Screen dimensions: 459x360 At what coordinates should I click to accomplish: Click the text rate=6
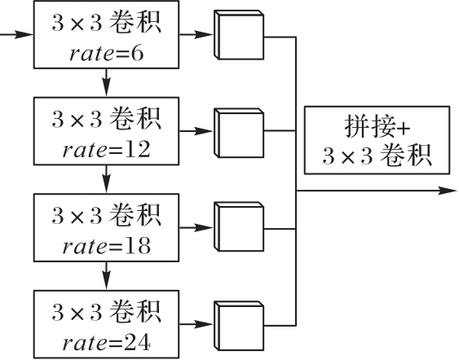pos(107,54)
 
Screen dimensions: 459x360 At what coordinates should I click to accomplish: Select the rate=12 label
pos(107,149)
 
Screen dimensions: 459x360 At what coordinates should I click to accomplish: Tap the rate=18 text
pos(107,246)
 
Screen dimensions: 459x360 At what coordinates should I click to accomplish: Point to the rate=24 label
pos(107,342)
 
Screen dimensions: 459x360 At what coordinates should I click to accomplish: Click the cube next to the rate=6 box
pos(239,35)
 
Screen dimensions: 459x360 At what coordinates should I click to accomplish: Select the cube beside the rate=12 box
pos(239,133)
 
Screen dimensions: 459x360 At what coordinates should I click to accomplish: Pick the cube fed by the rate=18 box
pos(239,226)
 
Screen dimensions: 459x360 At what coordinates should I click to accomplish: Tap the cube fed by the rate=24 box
pos(239,326)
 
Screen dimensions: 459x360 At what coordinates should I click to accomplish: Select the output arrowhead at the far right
pos(448,191)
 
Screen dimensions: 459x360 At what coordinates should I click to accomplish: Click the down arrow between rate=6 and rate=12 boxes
pos(107,82)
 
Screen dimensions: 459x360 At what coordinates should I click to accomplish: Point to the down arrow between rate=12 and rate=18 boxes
pos(107,179)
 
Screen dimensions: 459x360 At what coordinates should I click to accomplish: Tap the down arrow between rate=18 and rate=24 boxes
pos(107,276)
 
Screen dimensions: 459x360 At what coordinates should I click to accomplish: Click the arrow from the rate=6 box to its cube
pos(196,34)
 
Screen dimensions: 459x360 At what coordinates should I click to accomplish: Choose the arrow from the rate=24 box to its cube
pos(196,324)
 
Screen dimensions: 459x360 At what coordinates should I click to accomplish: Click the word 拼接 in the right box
pos(369,126)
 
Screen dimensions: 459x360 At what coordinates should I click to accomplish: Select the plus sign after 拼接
pos(403,129)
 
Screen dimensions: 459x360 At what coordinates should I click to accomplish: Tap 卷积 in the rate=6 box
pos(135,23)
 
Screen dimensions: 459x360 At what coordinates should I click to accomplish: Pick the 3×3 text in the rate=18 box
pos(77,216)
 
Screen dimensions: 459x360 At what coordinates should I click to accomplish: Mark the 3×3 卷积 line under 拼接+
pos(377,156)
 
